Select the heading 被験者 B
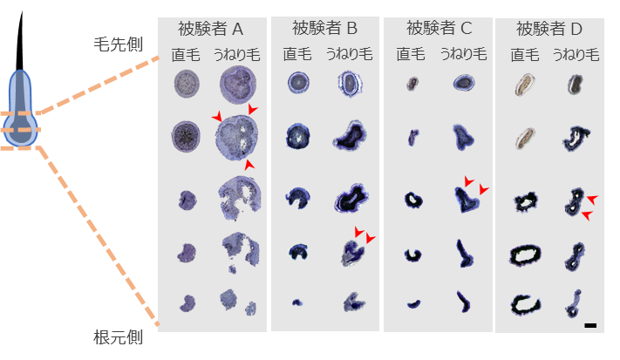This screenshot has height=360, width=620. (x=325, y=28)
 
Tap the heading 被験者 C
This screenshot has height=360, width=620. (x=437, y=28)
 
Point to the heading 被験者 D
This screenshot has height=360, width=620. (x=550, y=28)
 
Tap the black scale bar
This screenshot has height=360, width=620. (x=590, y=325)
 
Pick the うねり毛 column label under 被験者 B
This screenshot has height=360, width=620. (x=350, y=54)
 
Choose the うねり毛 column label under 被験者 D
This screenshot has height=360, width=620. (x=575, y=54)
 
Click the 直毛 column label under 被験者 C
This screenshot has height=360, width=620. (x=410, y=54)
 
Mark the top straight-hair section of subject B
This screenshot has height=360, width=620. (x=297, y=84)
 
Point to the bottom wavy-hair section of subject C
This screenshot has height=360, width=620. (x=461, y=301)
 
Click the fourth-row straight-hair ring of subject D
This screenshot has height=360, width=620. (x=527, y=254)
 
